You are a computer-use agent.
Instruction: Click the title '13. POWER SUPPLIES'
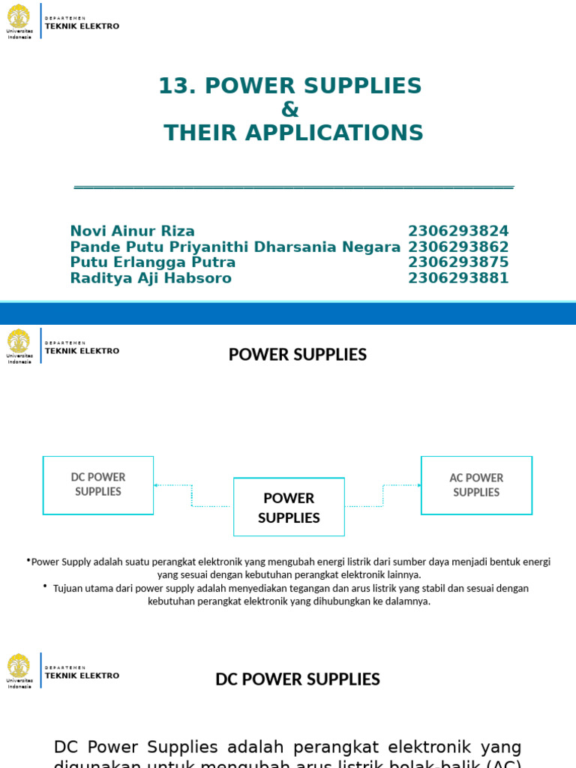pos(290,86)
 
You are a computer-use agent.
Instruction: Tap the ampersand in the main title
pos(290,109)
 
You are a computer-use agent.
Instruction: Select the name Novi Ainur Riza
pos(132,231)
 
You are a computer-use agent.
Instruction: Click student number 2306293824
pos(458,231)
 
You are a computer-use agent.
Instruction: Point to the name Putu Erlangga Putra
pos(152,262)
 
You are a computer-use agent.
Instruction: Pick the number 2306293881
pos(458,278)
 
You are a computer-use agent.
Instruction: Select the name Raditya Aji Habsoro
pos(150,278)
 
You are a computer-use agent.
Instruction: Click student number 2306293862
pos(458,247)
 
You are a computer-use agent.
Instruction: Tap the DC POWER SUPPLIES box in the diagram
pos(98,484)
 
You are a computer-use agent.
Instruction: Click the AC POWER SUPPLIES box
pos(476,485)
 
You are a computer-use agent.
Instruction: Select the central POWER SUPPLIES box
pos(289,507)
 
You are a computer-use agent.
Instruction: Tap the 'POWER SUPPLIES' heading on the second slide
pos(298,355)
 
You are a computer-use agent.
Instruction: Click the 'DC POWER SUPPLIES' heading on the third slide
pos(298,679)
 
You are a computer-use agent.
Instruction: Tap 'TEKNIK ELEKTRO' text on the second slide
pos(82,350)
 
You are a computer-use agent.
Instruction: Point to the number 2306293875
pos(458,262)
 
